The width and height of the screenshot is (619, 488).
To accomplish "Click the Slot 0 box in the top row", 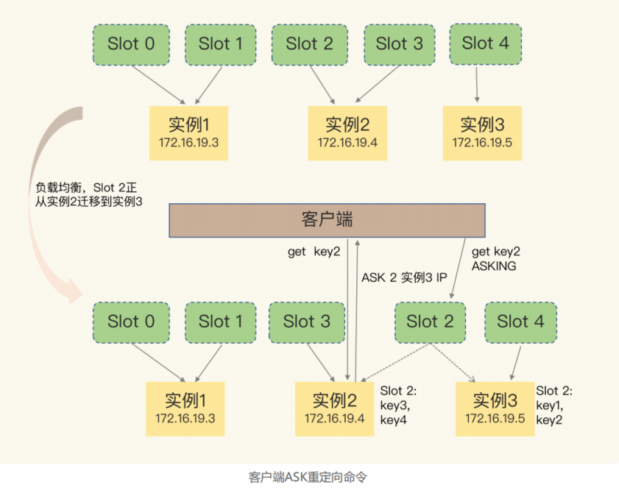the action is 132,45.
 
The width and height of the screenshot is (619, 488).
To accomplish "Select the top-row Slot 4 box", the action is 486,44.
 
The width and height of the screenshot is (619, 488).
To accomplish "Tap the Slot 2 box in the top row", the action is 310,45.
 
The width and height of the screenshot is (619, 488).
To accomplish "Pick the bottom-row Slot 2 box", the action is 431,322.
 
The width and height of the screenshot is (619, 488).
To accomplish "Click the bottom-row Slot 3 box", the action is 307,322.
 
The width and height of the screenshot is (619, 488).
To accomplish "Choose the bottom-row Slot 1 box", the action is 221,322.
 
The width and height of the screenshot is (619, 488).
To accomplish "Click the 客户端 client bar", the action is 328,220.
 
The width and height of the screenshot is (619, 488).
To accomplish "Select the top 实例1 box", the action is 188,133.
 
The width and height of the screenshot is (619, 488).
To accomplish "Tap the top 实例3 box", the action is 482,133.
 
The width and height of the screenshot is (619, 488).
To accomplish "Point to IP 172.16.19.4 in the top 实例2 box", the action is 347,143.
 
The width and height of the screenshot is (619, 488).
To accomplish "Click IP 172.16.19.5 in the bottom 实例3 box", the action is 495,419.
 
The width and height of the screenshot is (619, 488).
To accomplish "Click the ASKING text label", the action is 494,266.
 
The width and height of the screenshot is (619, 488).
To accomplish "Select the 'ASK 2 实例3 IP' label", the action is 404,277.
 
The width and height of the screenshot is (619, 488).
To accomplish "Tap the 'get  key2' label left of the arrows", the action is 314,252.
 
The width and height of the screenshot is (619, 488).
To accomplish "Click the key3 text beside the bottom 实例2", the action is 395,406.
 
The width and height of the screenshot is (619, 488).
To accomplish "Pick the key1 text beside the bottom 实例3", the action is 549,406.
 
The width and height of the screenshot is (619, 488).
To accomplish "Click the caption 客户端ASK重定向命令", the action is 308,478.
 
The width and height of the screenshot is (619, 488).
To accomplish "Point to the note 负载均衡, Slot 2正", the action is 86,188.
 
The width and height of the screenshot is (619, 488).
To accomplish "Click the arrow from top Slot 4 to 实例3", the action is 477,85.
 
